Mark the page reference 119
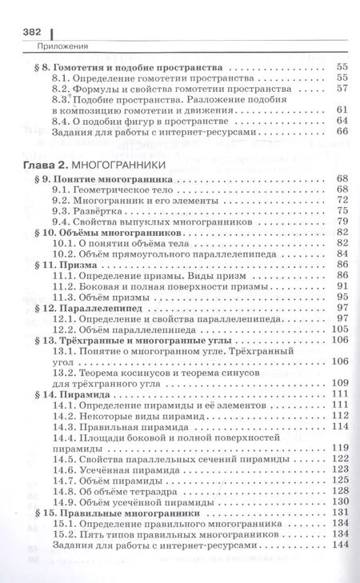(342, 446)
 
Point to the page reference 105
(342, 329)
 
